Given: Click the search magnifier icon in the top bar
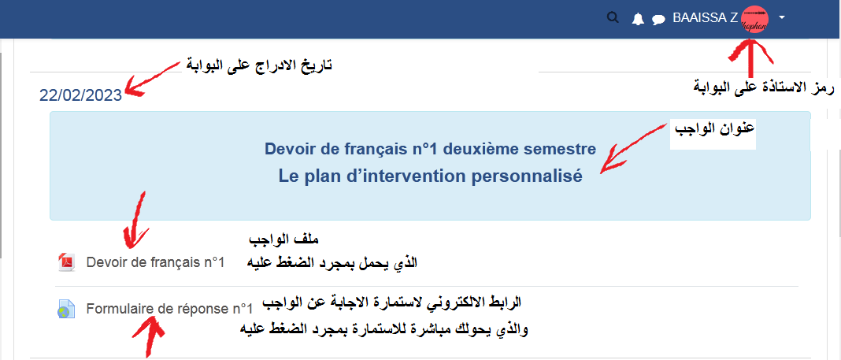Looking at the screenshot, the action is click(613, 17).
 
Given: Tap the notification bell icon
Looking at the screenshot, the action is click(638, 20).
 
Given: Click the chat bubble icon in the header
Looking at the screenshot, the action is click(658, 20).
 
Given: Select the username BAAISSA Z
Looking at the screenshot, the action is click(706, 18).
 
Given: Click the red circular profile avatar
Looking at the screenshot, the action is click(754, 20).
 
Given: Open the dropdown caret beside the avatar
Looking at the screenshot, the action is click(781, 17).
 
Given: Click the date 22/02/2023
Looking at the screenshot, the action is click(80, 95).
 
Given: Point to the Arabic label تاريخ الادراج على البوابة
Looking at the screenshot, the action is click(259, 65).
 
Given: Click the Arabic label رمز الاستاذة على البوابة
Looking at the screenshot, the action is click(765, 87).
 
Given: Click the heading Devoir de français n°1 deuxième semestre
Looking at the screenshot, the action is click(430, 149).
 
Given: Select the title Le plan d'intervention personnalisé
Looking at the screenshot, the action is click(430, 176).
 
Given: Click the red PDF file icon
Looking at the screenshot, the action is click(65, 262).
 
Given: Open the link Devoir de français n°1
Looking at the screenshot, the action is click(155, 262).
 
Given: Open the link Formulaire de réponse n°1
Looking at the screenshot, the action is click(169, 309).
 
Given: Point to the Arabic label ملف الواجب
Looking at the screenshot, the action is click(285, 238).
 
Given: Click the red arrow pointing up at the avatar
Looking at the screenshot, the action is click(751, 58).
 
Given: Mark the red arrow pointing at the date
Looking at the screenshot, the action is click(152, 78).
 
